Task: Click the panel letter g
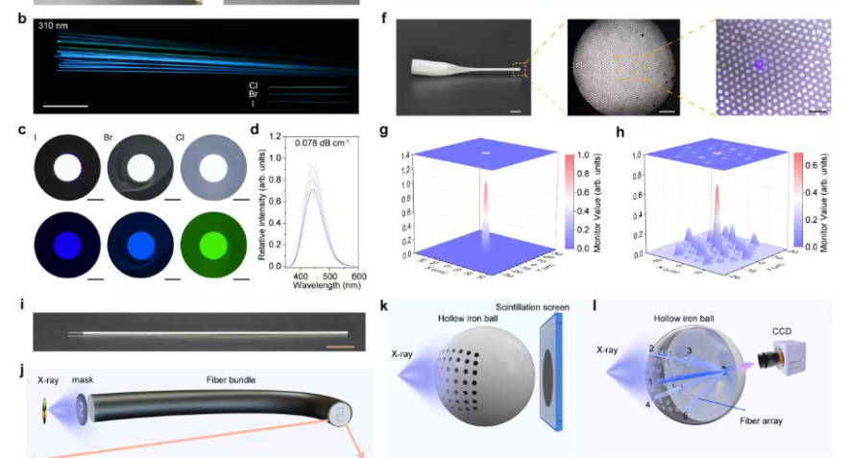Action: pos(384,132)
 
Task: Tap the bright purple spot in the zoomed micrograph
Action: pos(757,65)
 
